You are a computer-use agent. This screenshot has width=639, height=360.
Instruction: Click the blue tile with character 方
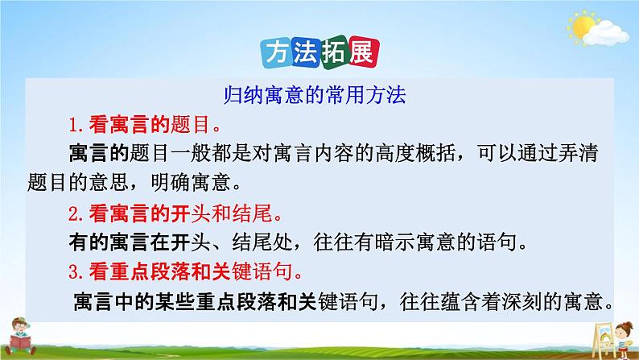pos(277,53)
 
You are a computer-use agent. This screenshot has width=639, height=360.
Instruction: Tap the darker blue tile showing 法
pos(305,53)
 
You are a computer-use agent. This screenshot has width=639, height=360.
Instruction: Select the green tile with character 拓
pos(334,53)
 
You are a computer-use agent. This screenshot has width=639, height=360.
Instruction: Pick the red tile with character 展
pos(364,52)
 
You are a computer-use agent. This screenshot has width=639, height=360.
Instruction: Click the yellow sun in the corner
pos(583,27)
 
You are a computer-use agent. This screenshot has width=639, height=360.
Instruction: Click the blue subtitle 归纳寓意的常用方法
pos(315,95)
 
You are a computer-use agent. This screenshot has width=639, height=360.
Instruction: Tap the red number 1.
pos(73,125)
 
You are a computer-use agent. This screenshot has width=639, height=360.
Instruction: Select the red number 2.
pos(73,214)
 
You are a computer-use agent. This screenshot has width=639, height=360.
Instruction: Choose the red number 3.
pos(73,272)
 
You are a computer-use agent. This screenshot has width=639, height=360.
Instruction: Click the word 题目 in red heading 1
pos(190,124)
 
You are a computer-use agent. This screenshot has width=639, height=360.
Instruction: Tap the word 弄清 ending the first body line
pos(579,153)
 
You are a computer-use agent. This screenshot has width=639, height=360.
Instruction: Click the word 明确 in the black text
pos(171,182)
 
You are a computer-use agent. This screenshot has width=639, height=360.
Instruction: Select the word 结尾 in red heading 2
pos(252,213)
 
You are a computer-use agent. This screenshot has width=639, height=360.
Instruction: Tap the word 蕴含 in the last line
pos(460,302)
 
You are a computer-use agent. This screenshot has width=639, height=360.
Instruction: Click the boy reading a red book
pos(20,337)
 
